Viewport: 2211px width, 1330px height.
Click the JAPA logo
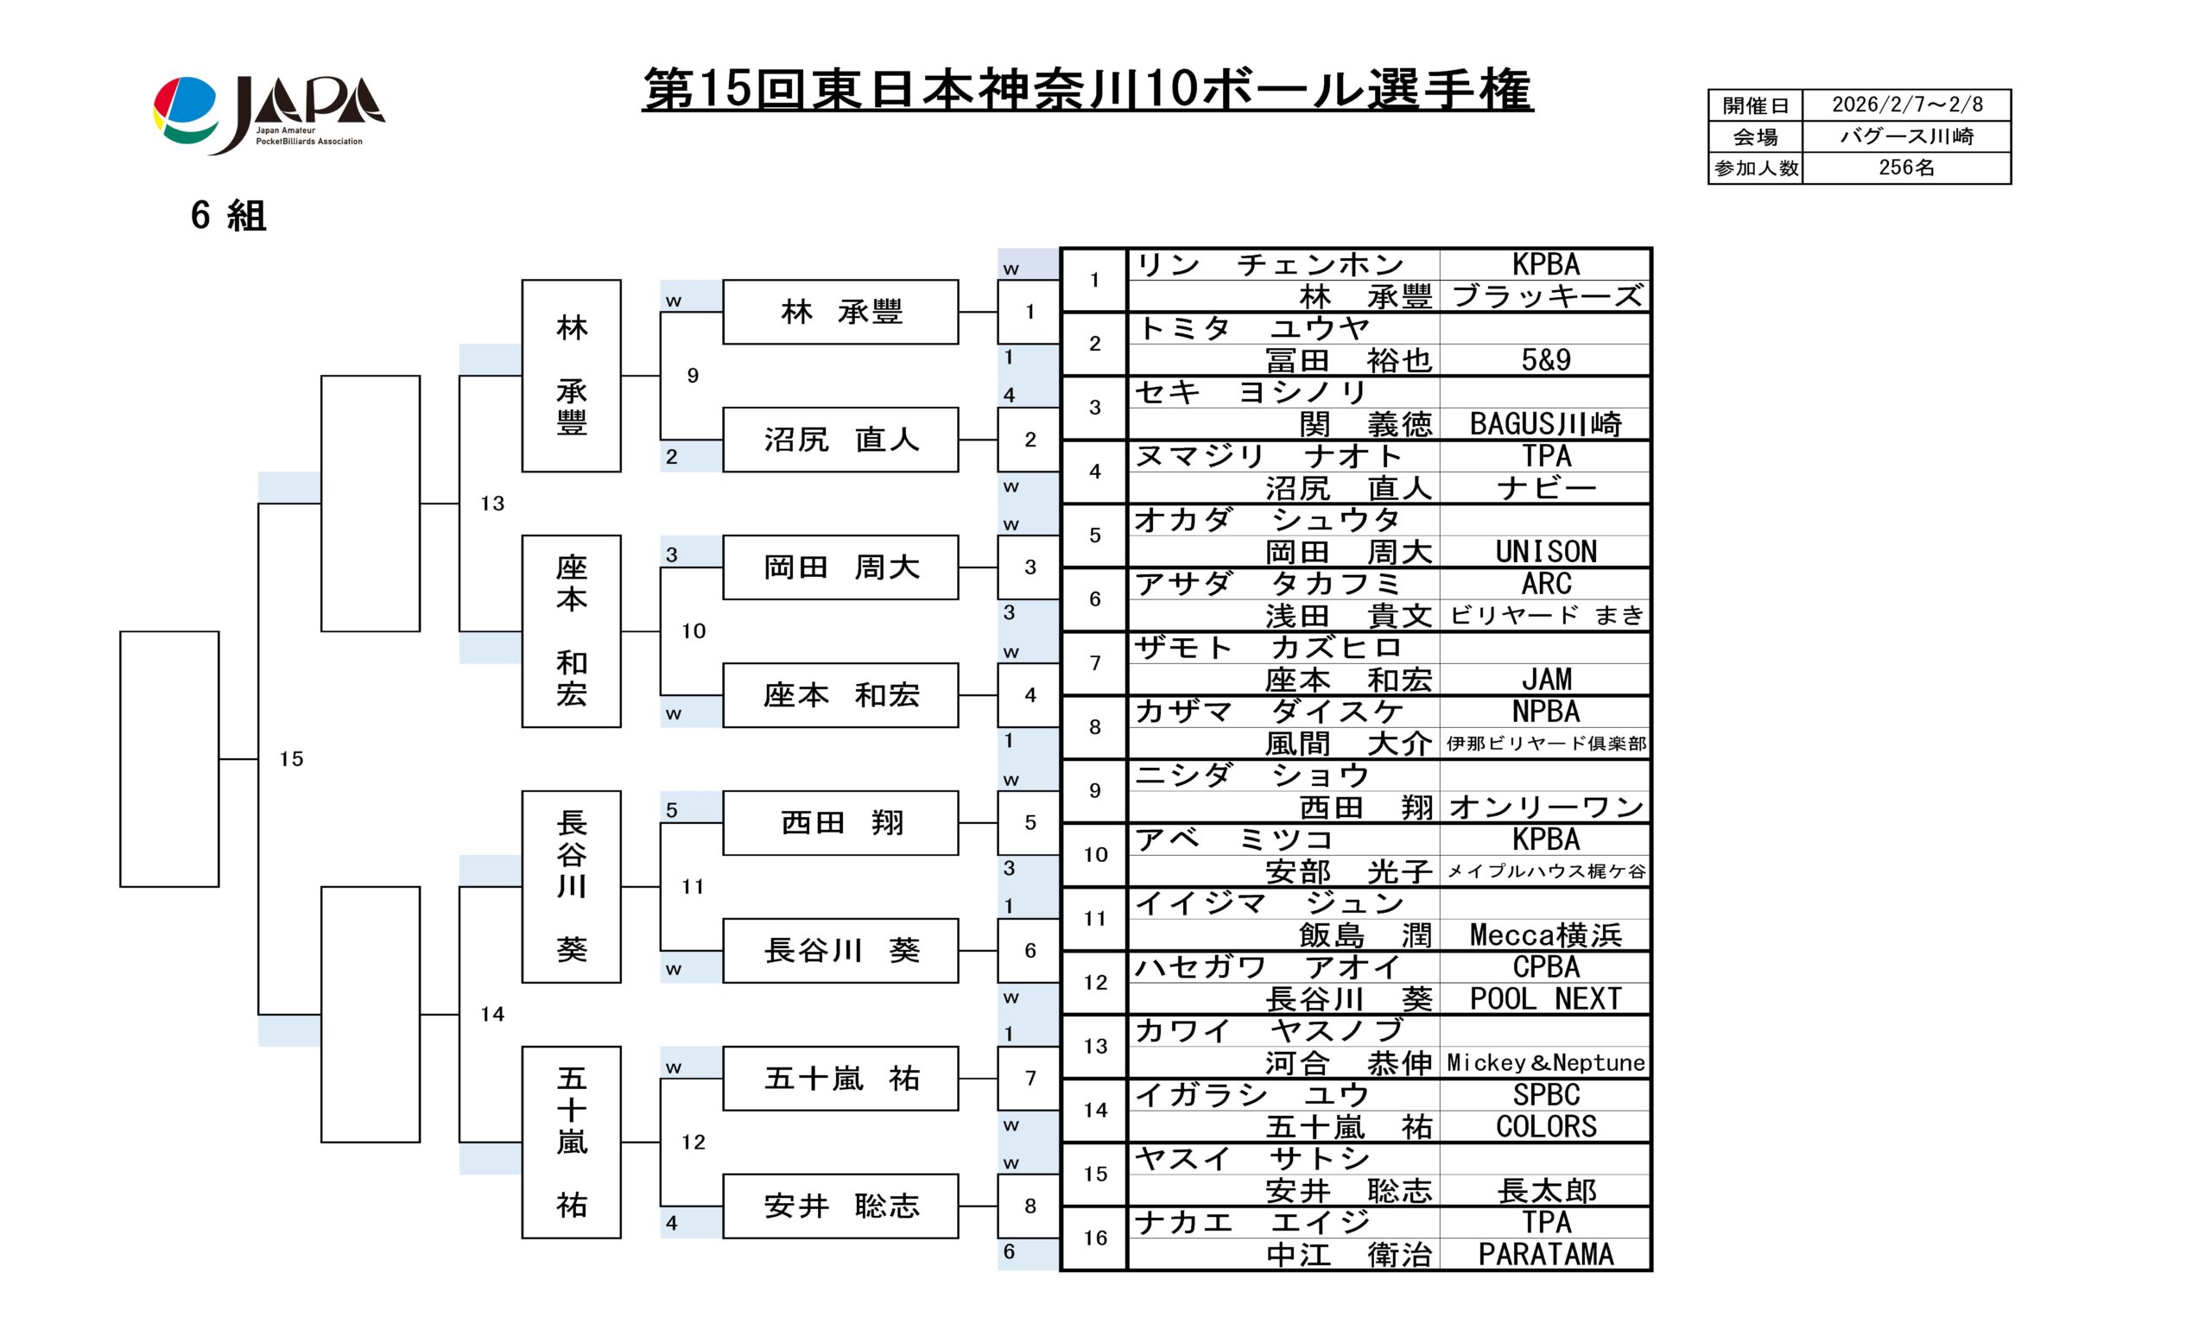point(269,114)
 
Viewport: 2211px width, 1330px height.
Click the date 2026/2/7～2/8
point(1906,104)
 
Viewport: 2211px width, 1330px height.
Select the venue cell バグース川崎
point(1906,136)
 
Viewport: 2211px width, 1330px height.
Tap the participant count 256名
point(1906,168)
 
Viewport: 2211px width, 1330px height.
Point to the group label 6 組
point(228,216)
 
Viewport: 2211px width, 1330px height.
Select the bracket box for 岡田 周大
point(839,567)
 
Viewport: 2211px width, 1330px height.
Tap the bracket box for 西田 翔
point(839,823)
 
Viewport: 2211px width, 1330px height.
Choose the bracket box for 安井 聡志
point(839,1206)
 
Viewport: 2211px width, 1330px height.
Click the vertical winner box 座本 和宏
point(571,631)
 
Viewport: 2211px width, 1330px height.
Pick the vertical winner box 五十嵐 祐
point(571,1142)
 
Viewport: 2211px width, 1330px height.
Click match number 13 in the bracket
point(492,503)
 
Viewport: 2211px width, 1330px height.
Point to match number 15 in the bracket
point(291,759)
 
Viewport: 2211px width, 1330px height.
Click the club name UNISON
point(1545,552)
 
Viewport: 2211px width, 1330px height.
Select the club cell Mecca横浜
point(1545,935)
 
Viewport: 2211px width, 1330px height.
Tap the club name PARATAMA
point(1545,1255)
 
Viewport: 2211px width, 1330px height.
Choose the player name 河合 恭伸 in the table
point(1348,1064)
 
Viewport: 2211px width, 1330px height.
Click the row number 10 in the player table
point(1094,855)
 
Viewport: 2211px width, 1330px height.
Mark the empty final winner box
point(169,759)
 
